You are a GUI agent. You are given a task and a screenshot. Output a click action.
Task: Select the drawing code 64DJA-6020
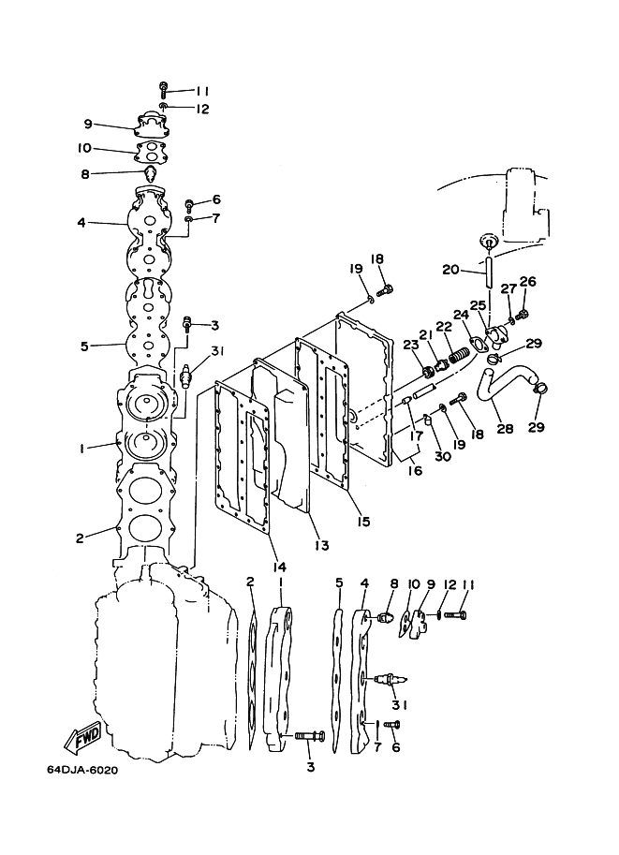tap(82, 771)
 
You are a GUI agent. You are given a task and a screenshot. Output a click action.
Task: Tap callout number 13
tap(322, 544)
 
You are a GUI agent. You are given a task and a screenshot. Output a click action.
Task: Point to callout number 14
tap(278, 568)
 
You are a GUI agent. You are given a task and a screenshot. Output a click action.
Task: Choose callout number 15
tap(362, 522)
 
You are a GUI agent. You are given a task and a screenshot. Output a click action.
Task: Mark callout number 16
tap(415, 469)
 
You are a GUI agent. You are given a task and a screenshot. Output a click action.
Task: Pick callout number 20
tap(450, 269)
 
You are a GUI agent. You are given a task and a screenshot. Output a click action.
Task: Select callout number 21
tap(425, 333)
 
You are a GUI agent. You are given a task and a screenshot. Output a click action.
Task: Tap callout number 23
tap(411, 345)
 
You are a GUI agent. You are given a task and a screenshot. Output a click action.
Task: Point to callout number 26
tap(527, 281)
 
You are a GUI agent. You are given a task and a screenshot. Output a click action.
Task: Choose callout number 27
tap(508, 288)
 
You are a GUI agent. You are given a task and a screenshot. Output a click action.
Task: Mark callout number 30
tap(443, 455)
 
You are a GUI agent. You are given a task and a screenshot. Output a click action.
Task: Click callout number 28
tap(505, 429)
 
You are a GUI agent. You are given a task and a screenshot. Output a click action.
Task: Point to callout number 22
tap(444, 326)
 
